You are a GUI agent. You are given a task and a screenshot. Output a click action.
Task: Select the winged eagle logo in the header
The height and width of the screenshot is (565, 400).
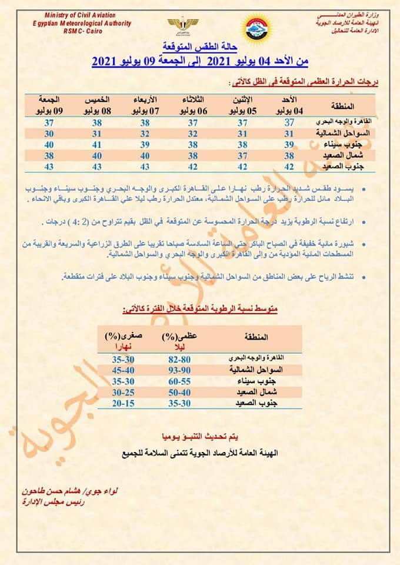tap(183, 26)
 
